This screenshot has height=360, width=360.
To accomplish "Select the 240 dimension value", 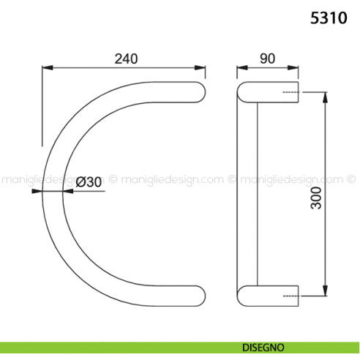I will pyautogui.click(x=126, y=59).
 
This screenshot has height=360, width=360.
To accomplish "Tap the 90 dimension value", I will pyautogui.click(x=266, y=59).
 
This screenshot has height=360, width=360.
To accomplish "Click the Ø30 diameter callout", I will pyautogui.click(x=88, y=182).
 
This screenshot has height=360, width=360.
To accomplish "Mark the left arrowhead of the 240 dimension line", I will pyautogui.click(x=45, y=68).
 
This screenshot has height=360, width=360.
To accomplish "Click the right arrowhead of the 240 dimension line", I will pyautogui.click(x=200, y=68).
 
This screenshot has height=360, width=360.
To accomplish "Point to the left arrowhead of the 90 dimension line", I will pyautogui.click(x=240, y=68).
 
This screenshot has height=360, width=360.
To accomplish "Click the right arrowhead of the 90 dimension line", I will pyautogui.click(x=296, y=68).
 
